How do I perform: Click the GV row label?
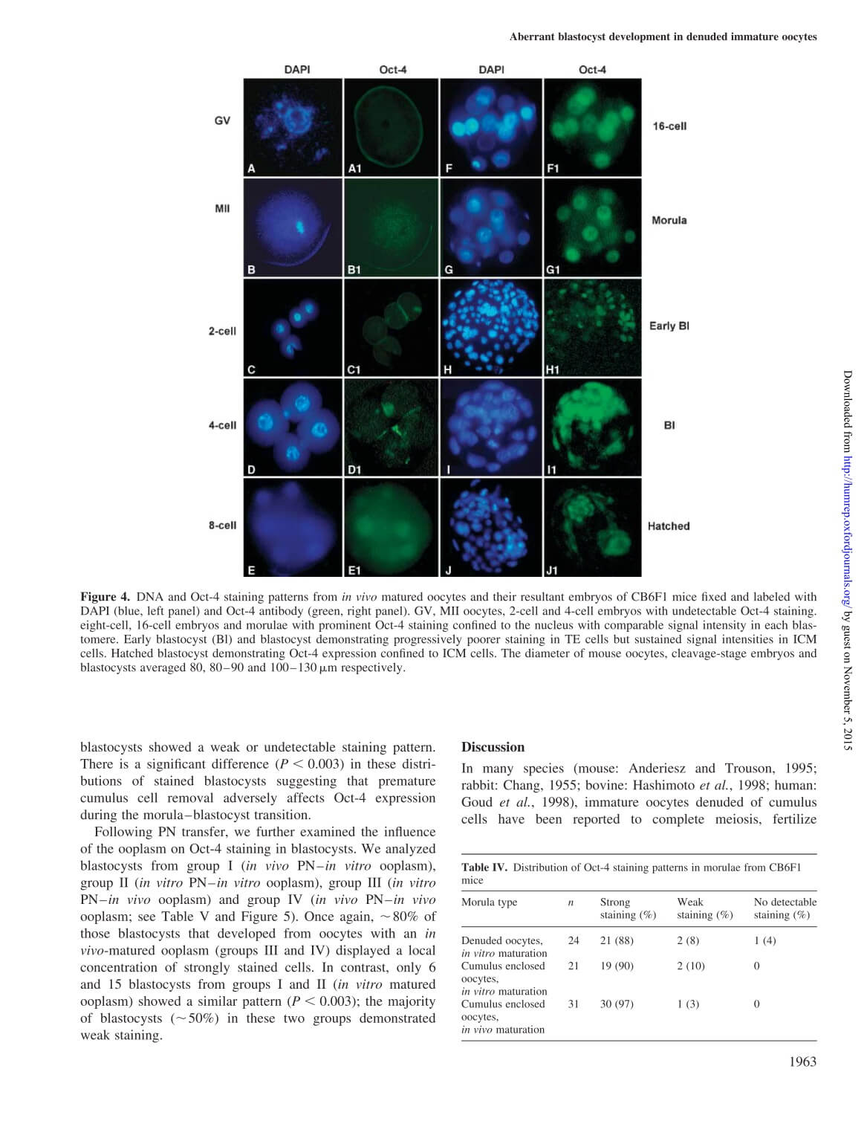coord(222,120)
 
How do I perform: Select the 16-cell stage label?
coord(669,126)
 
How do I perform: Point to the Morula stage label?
coord(669,220)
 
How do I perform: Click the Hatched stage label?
coord(669,526)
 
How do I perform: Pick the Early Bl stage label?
coord(669,326)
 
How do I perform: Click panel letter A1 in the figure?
coord(355,169)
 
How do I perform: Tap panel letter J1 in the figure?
coord(552,570)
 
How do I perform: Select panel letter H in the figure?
coord(448,369)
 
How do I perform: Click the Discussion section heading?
coord(493,747)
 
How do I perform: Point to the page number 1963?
coord(802,1061)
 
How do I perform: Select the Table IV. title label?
coord(484,868)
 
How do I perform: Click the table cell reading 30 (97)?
coord(617,1004)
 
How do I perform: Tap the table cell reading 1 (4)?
coord(764,940)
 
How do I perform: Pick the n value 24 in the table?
coord(574,940)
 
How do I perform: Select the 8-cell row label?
coord(222,525)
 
